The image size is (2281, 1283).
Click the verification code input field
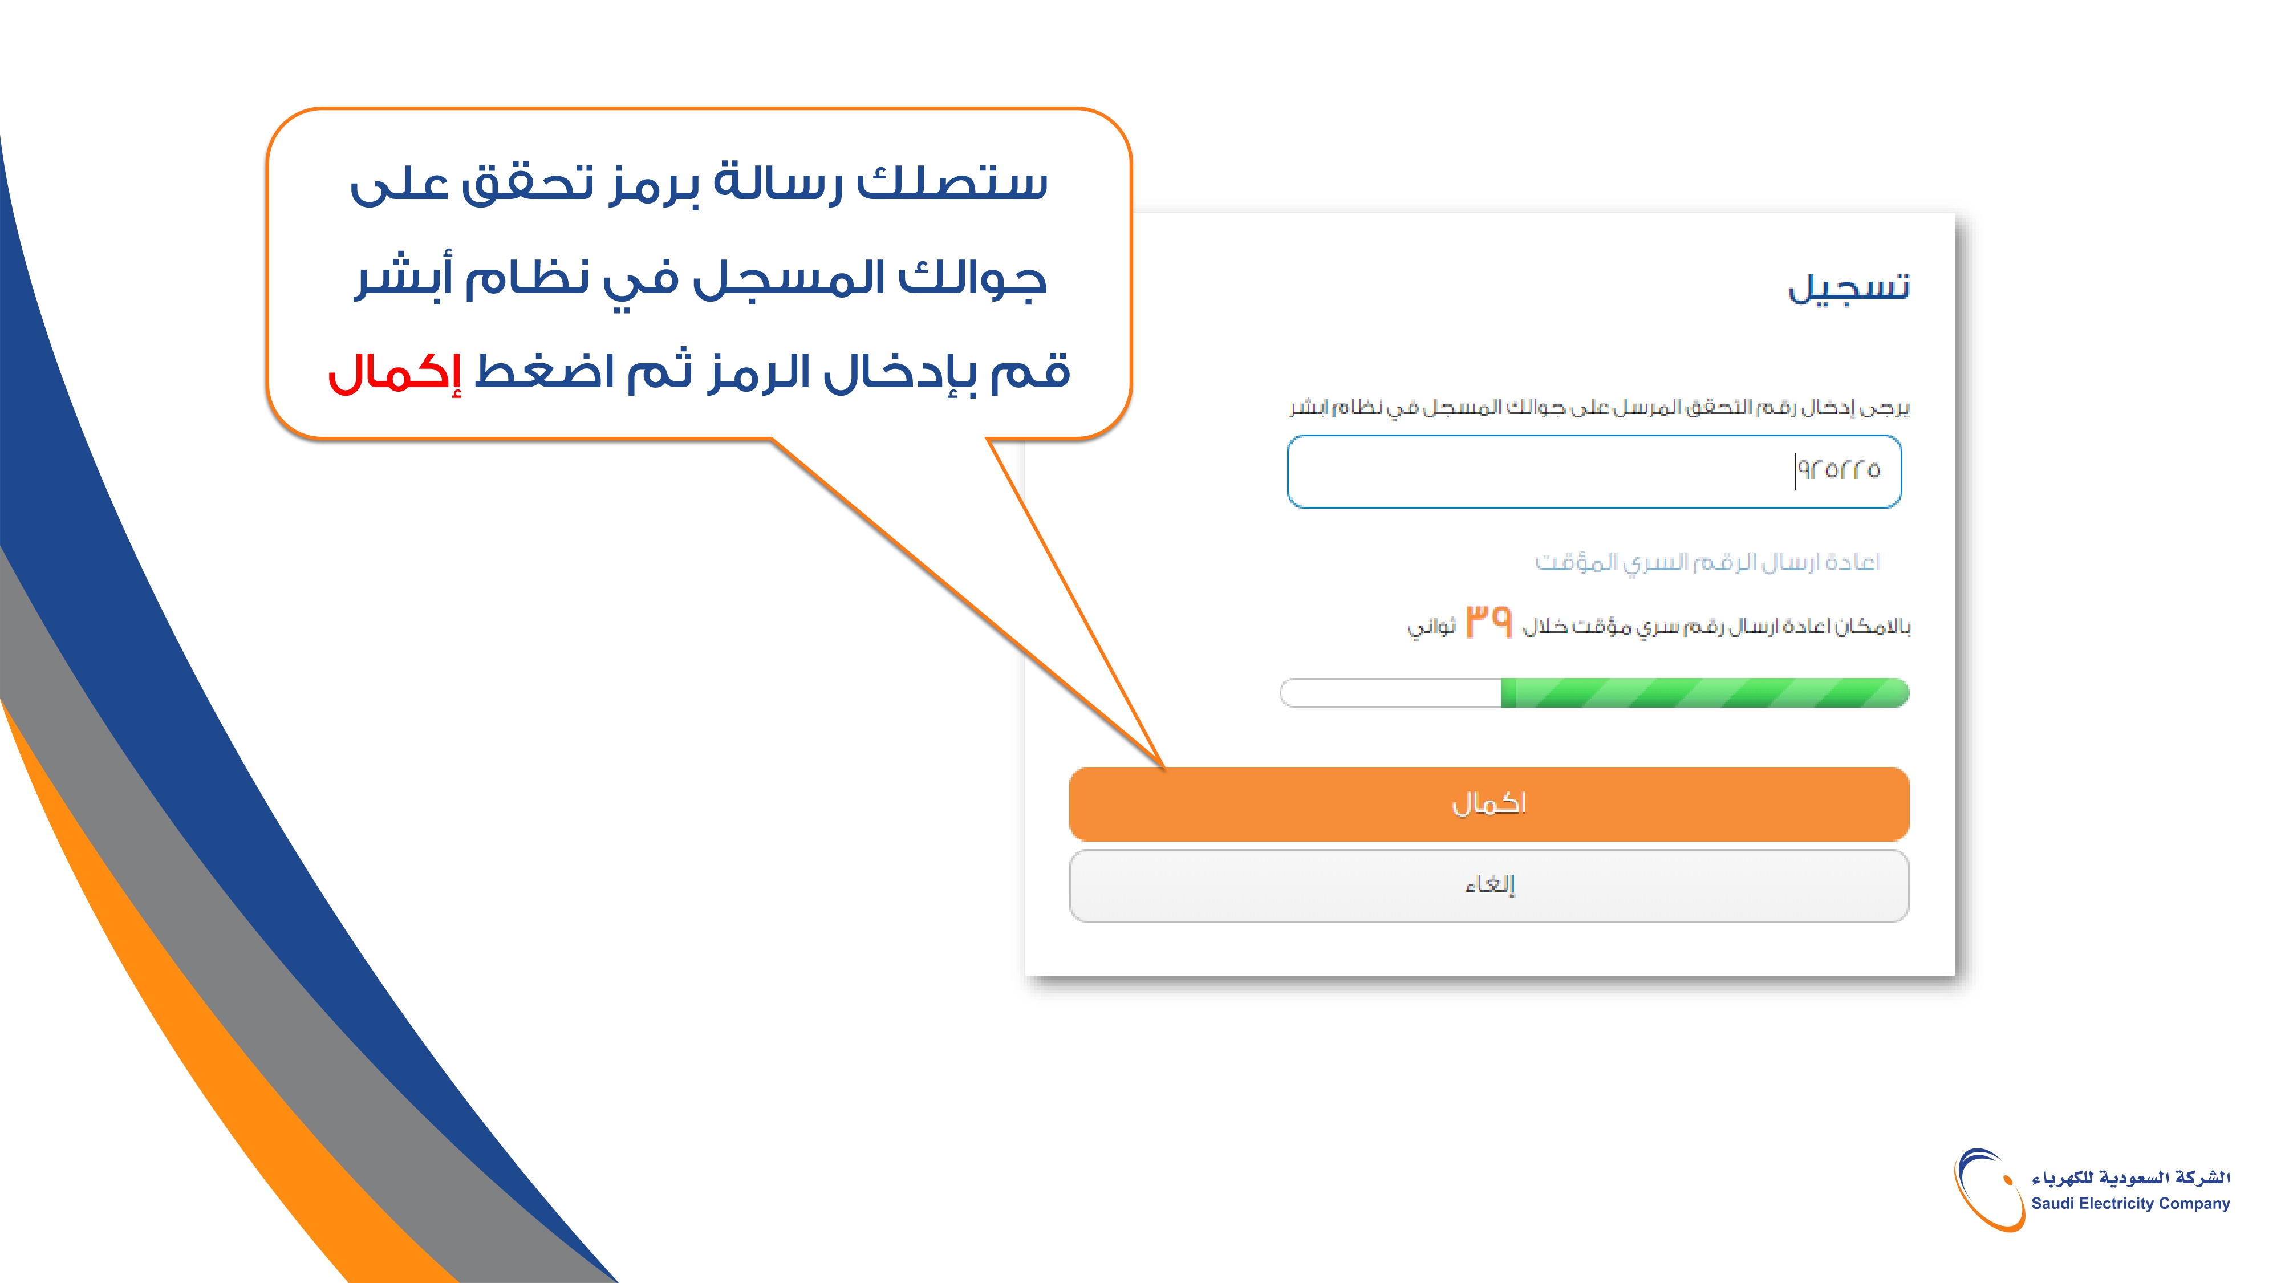coord(1594,471)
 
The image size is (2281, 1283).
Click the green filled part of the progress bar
coord(1704,692)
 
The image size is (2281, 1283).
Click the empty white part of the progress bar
coord(1391,692)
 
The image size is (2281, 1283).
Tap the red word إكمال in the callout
coord(395,372)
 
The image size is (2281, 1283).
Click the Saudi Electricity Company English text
coord(2130,1203)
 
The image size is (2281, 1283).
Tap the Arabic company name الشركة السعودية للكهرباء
coord(2130,1178)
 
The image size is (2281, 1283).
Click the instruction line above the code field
coord(1599,407)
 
